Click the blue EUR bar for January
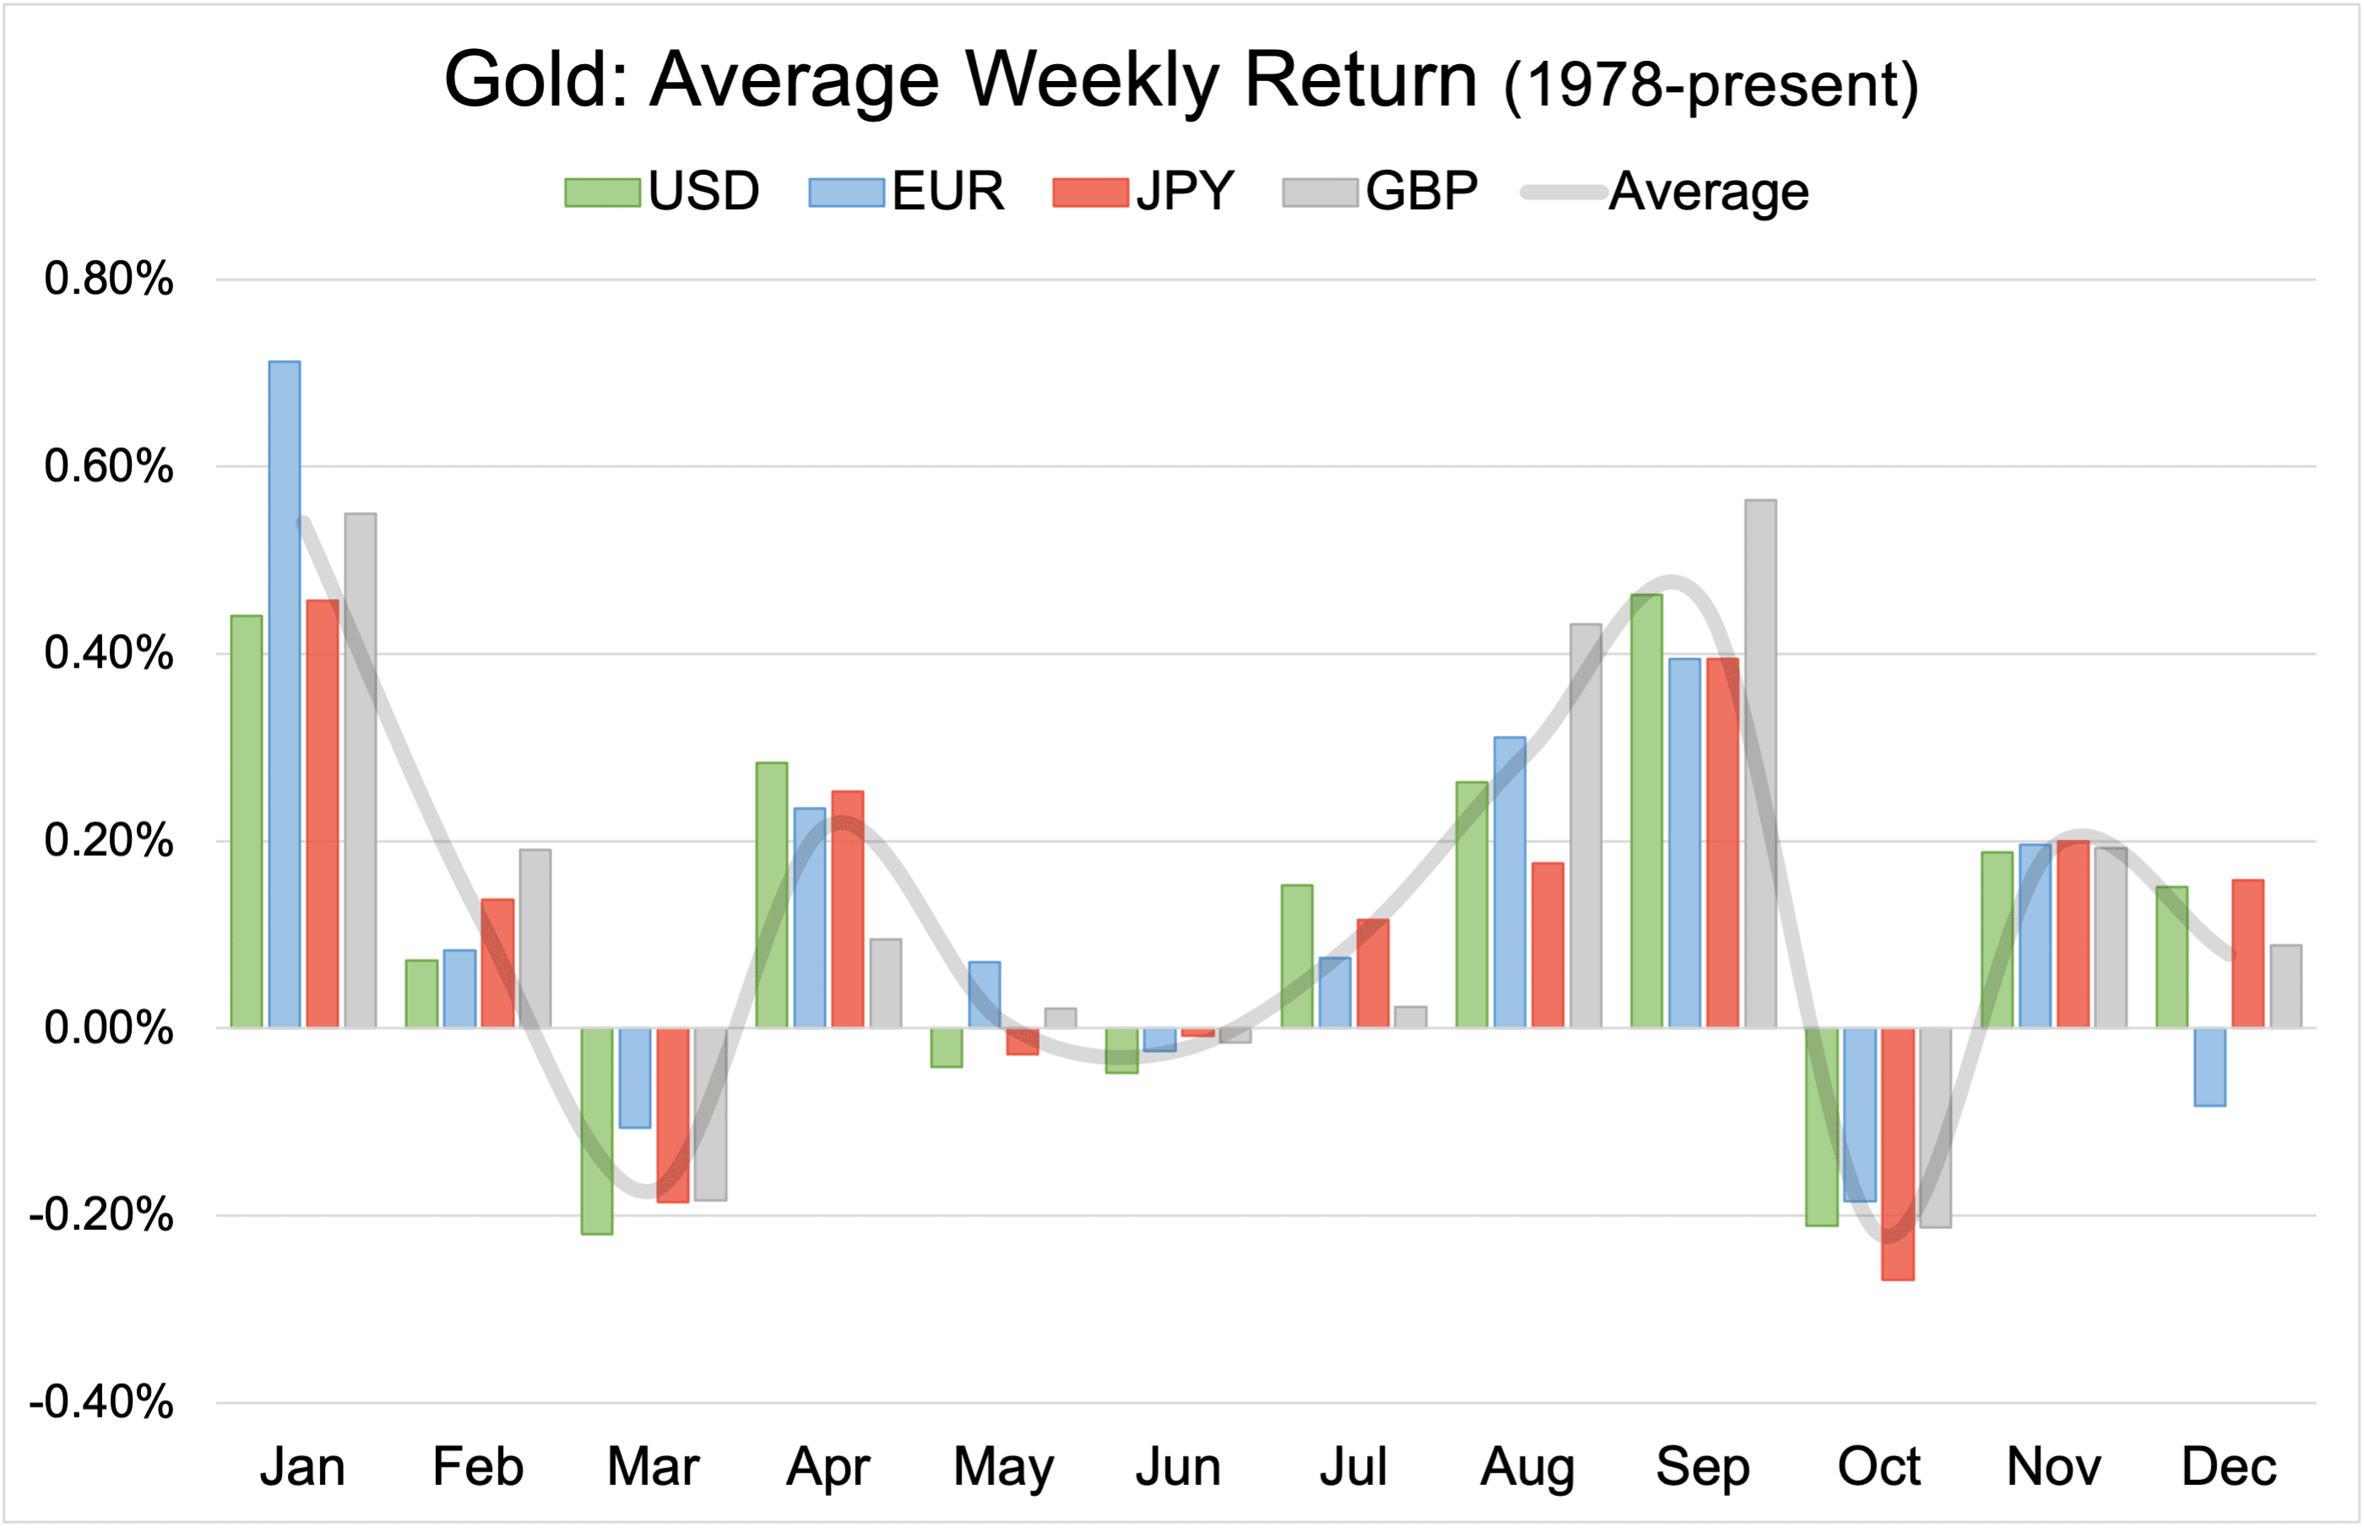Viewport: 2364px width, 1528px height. (x=285, y=695)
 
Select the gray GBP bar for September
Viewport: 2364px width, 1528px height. (x=1761, y=764)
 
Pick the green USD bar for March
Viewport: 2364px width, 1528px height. (x=597, y=1131)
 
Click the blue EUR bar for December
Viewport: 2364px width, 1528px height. (x=2210, y=1066)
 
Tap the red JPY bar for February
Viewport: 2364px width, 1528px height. (x=498, y=963)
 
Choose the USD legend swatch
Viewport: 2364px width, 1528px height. (x=602, y=192)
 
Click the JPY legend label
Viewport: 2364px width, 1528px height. (x=1185, y=192)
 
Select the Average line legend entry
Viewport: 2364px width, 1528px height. (x=1667, y=192)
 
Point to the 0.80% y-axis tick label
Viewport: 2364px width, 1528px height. (x=109, y=279)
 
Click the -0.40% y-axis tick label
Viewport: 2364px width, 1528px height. (x=102, y=1403)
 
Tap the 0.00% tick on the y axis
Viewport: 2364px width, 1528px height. (x=109, y=1028)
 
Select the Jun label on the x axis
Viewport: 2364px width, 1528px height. (x=1179, y=1466)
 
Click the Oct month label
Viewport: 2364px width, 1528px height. (x=1879, y=1466)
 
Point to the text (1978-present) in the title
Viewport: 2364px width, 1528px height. (x=1711, y=86)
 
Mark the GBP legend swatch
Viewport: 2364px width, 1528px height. (x=1320, y=192)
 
